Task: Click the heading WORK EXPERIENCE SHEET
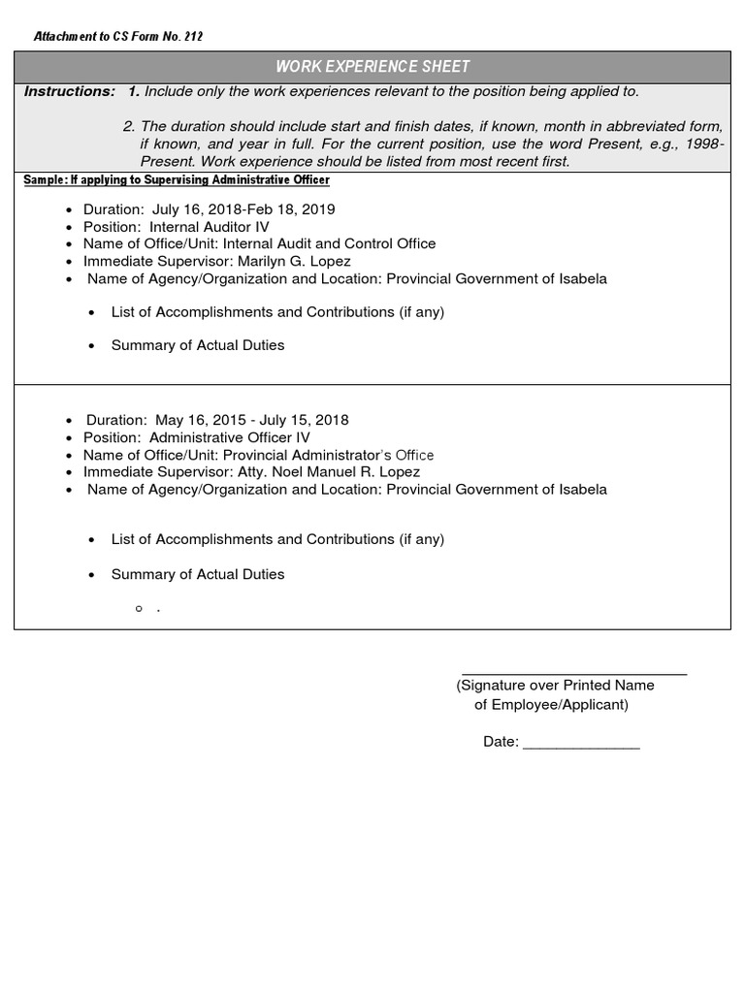pos(372,67)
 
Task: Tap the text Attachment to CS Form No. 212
pos(118,37)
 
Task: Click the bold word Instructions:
pos(69,91)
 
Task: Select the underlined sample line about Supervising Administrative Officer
pos(177,180)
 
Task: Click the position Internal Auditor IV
pos(210,227)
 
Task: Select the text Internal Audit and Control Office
pos(330,244)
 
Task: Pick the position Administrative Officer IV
pos(230,437)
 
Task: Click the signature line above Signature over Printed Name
pos(574,672)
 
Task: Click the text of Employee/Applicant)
pos(551,705)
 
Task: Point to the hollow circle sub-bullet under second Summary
pos(140,608)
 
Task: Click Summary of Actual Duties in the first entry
pos(198,345)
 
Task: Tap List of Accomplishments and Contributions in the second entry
pos(277,539)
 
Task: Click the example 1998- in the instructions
pos(701,144)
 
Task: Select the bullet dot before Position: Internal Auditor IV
pos(68,228)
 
